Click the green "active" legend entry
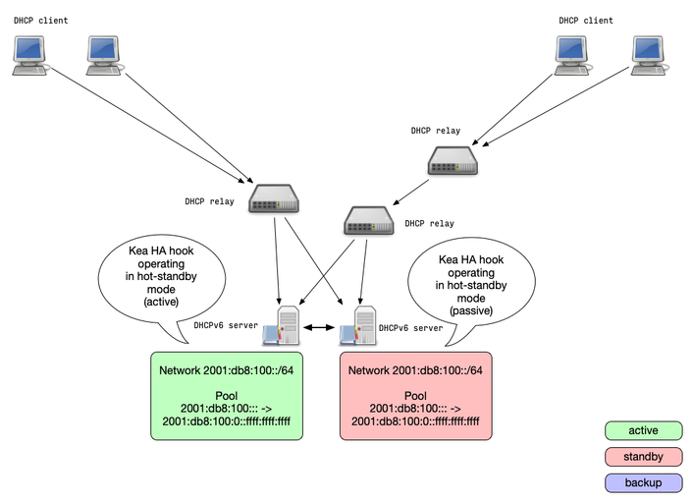(x=644, y=430)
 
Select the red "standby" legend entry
(x=644, y=457)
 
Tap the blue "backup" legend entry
(x=644, y=482)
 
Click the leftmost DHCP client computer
(x=28, y=55)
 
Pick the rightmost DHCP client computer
(x=648, y=55)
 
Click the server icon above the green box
(x=282, y=326)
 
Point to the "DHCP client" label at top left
(x=41, y=20)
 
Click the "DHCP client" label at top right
(x=586, y=20)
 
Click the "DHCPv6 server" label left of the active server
(x=226, y=325)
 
